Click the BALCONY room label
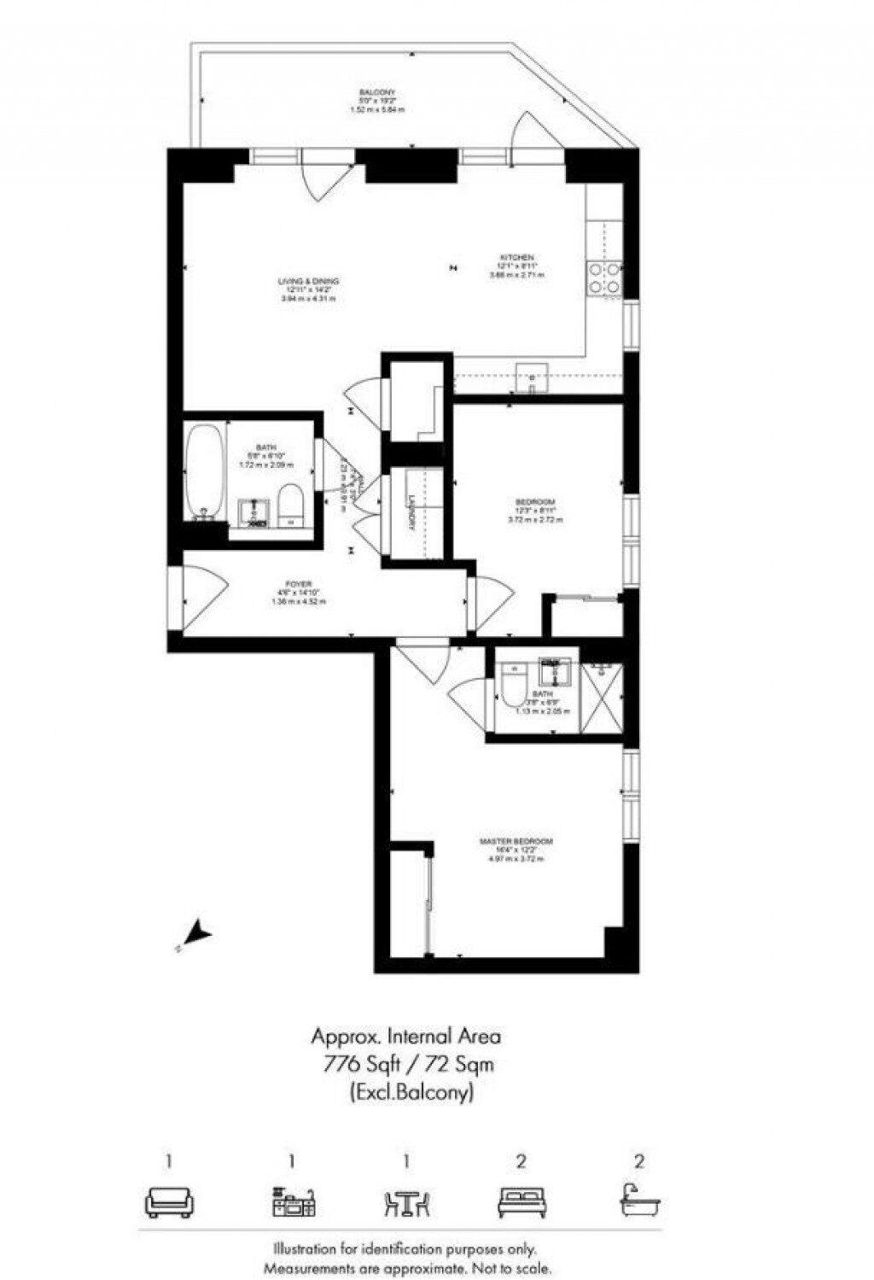(x=376, y=92)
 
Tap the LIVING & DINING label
(x=308, y=282)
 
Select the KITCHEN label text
(x=517, y=258)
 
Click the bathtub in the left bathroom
(x=206, y=472)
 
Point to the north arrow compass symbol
(x=198, y=932)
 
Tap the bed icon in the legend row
(x=521, y=1202)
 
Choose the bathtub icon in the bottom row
(x=639, y=1201)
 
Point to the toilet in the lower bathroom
(x=515, y=687)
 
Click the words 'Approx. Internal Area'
(x=405, y=1037)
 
